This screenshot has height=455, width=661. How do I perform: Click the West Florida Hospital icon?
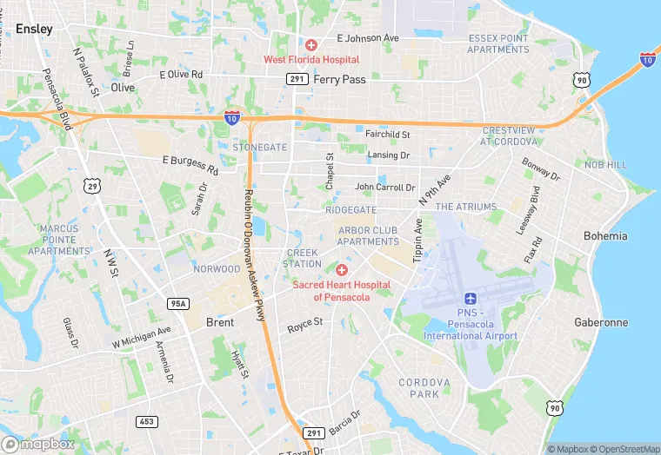[311, 44]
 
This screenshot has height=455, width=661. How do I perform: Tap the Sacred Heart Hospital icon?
[342, 270]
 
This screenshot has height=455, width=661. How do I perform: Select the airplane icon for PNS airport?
[471, 300]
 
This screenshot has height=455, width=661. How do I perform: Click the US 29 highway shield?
[93, 185]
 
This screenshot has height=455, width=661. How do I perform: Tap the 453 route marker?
[146, 421]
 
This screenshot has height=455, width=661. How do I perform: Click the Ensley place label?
[34, 29]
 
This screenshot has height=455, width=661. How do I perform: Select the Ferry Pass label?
[339, 78]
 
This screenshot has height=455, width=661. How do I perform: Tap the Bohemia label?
[605, 236]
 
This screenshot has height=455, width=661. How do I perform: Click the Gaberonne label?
[600, 322]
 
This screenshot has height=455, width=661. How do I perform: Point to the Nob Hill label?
[605, 165]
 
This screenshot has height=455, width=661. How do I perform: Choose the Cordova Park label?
[424, 388]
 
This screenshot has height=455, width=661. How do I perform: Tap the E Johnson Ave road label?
[367, 38]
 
